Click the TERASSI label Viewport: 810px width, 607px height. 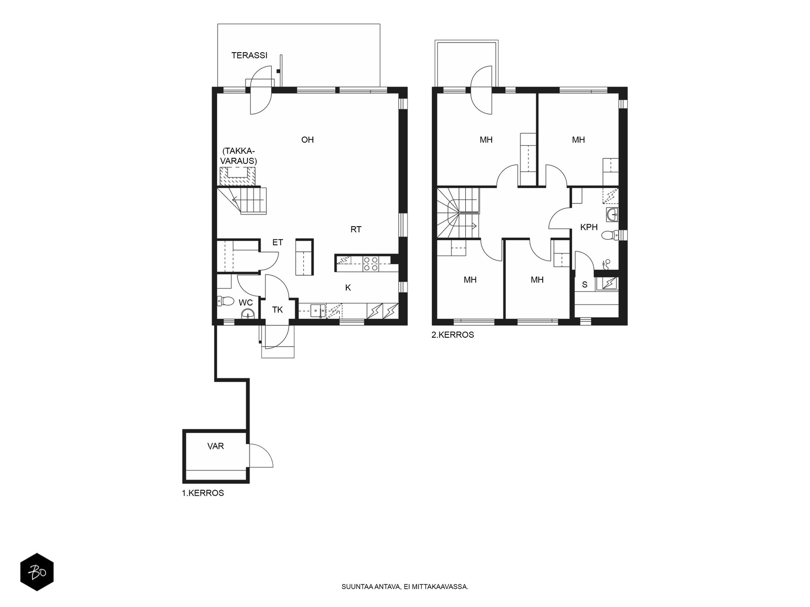click(249, 55)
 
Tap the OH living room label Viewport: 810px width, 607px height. click(307, 140)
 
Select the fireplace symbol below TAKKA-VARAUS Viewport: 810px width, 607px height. click(237, 176)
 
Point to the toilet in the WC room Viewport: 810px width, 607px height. click(225, 301)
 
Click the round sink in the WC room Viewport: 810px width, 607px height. click(248, 314)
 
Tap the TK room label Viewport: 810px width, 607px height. click(277, 310)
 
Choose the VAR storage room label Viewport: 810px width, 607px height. click(216, 446)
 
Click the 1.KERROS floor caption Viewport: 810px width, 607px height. click(203, 493)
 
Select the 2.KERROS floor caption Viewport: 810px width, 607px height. click(453, 335)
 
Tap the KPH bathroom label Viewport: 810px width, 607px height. click(589, 228)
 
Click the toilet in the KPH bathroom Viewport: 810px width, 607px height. click(610, 235)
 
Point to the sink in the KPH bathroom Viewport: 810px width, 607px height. click(612, 214)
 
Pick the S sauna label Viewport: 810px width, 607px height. click(585, 284)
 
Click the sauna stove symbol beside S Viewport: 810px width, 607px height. click(609, 283)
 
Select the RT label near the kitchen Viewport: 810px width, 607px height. click(356, 230)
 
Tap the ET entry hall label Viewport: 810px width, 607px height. click(277, 242)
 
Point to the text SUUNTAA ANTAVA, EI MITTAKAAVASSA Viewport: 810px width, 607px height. click(405, 587)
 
